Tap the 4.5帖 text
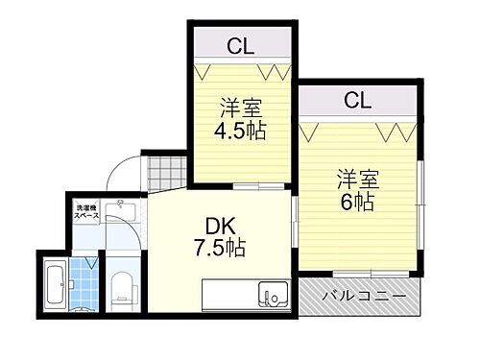(x=241, y=130)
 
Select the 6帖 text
(x=356, y=202)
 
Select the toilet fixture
(x=122, y=285)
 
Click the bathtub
(x=54, y=284)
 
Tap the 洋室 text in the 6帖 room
(x=356, y=179)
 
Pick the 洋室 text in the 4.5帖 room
(x=241, y=106)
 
